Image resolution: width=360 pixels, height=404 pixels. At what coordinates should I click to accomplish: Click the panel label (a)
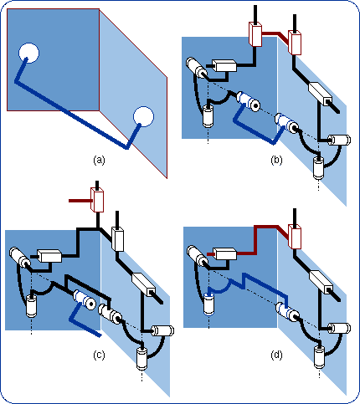(100, 158)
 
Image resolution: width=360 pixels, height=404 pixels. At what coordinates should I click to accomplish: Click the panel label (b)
(276, 158)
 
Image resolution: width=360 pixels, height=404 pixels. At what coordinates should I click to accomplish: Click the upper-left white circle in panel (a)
(29, 52)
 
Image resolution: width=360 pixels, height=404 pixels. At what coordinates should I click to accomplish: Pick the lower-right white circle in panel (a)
(144, 117)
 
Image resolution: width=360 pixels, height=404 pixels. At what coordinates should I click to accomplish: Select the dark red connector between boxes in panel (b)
(275, 35)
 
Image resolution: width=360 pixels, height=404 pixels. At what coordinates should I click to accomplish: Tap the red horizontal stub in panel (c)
(79, 201)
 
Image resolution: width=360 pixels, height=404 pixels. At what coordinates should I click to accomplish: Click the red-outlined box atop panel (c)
(97, 200)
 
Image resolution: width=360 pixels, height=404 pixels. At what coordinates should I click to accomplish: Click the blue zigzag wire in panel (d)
(248, 284)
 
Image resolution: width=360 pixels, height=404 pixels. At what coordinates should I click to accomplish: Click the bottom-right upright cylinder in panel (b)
(318, 166)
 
